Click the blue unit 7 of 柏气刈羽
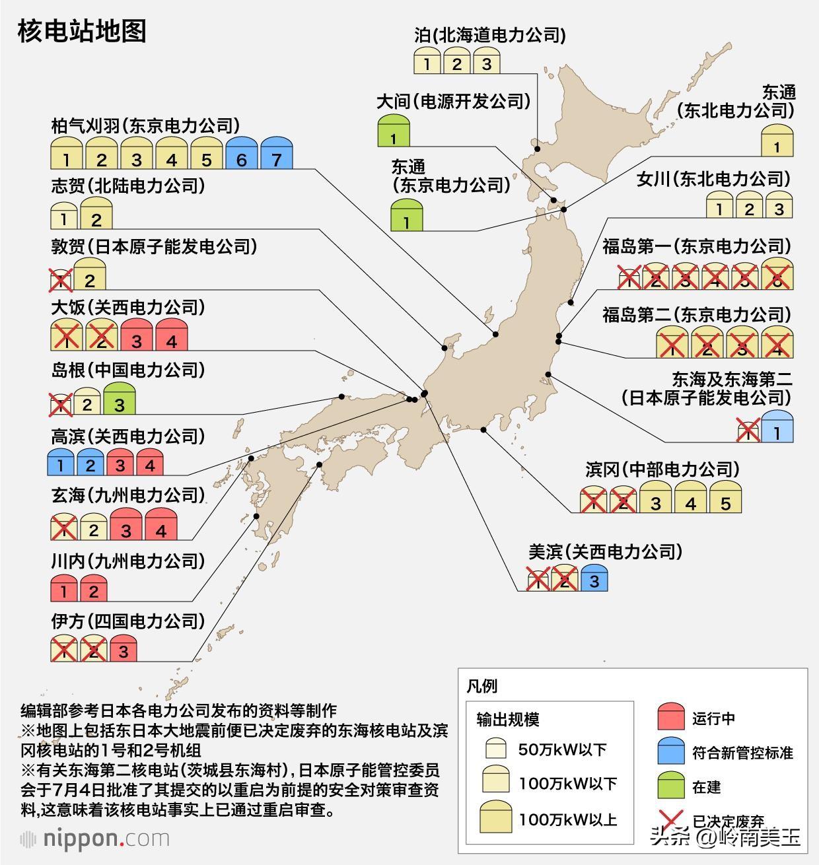coord(276,154)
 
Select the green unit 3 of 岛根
coord(119,399)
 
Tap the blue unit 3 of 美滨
coord(594,578)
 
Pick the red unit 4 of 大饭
coord(172,335)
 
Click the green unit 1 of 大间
coord(394,131)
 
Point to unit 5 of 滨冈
coord(725,499)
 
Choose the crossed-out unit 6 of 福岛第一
coord(777,275)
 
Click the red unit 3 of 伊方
coord(123,648)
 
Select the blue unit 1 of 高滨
coord(61,462)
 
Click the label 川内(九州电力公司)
coord(128,561)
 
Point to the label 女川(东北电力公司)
coord(713,178)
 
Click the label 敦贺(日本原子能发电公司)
coord(154,246)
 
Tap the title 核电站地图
coord(82,31)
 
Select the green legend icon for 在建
coord(671,786)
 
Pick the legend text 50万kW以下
coord(562,749)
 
